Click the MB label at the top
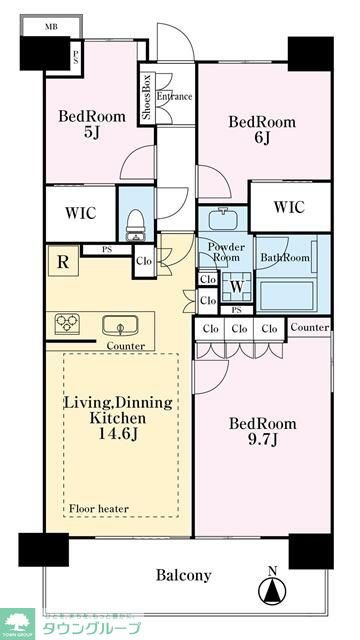pos(50,28)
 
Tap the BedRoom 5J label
pos(92,124)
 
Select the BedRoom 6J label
pos(261,130)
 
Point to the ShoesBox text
pos(146,97)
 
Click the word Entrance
pos(174,97)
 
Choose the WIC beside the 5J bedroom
pos(82,212)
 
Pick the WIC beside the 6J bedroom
pos(289,207)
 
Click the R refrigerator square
pos(63,264)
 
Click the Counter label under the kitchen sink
pos(125,346)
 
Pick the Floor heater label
pos(98,509)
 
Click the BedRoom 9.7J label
pos(261,431)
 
